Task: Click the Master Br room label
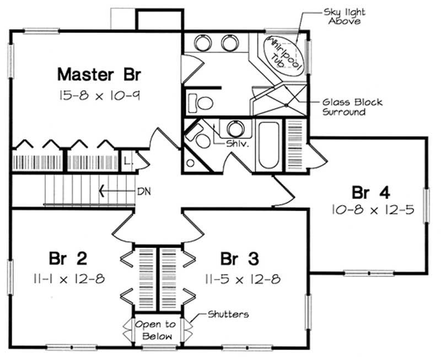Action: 99,73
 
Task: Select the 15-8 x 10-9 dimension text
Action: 99,95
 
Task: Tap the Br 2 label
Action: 67,258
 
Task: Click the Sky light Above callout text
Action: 345,16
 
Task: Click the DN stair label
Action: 143,192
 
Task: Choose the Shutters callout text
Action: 228,314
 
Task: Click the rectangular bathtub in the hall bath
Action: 268,144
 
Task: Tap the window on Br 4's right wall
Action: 426,205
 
